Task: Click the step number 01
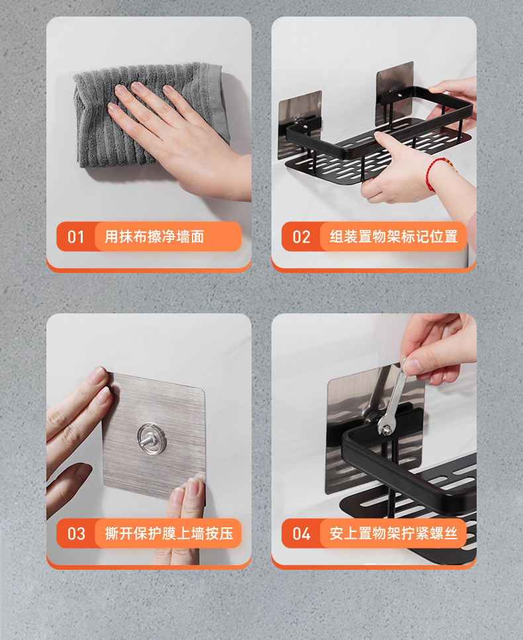[76, 237]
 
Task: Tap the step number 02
[301, 237]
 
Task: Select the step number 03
[76, 533]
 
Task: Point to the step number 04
[301, 533]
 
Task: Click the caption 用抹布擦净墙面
[154, 237]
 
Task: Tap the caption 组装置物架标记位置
[394, 237]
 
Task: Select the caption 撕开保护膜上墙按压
[169, 533]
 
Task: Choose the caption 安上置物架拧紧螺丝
[394, 533]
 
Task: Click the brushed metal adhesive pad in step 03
[154, 435]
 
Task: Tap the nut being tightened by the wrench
[385, 429]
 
